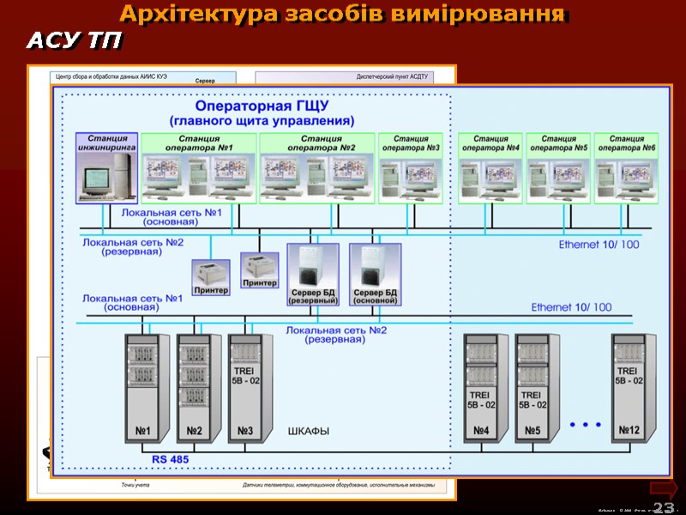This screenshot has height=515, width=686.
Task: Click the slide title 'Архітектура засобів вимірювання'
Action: tap(342, 15)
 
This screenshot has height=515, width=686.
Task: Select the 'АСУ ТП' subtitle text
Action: tap(75, 41)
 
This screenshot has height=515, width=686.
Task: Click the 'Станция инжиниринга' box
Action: tap(106, 167)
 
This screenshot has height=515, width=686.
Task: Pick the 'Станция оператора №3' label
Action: tap(411, 142)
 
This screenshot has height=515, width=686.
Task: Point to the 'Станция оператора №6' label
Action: tap(627, 142)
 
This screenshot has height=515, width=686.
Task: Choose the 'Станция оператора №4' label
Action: tap(490, 142)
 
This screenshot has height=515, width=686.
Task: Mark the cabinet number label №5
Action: tap(532, 430)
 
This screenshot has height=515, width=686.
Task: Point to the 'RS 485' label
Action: tap(171, 459)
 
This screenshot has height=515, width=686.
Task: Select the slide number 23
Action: tap(663, 506)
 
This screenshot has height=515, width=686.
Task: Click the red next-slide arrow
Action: tap(664, 488)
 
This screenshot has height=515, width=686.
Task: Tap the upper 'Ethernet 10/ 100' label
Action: tap(599, 245)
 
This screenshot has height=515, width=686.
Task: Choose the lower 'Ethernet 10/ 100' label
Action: tap(571, 306)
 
